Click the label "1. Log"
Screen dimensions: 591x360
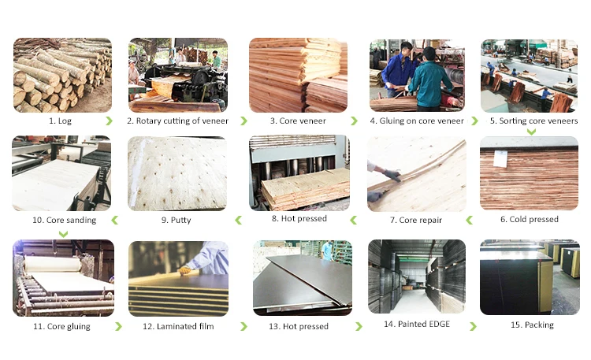tap(60, 121)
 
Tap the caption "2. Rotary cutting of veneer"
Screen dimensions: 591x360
tap(177, 121)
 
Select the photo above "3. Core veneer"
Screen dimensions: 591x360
tap(298, 75)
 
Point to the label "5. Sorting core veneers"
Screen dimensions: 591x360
tap(533, 121)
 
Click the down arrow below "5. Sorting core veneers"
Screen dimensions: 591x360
tap(531, 132)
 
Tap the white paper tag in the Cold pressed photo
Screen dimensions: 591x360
tap(500, 158)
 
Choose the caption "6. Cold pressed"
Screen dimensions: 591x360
tap(530, 220)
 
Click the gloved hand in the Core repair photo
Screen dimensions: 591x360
tap(392, 175)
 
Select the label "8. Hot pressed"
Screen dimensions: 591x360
tap(299, 219)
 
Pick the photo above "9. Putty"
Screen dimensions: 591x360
tap(177, 173)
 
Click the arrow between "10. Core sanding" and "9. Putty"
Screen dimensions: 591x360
tap(114, 220)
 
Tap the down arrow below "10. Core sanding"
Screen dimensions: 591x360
tap(63, 234)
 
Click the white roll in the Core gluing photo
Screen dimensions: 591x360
tap(53, 264)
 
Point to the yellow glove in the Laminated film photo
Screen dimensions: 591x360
tap(184, 270)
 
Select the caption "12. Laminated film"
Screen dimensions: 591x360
tap(178, 326)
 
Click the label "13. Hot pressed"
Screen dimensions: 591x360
tap(299, 326)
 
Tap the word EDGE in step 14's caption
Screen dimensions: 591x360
tap(437, 325)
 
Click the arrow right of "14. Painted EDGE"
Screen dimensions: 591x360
tap(473, 326)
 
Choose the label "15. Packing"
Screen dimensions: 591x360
tap(532, 325)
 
